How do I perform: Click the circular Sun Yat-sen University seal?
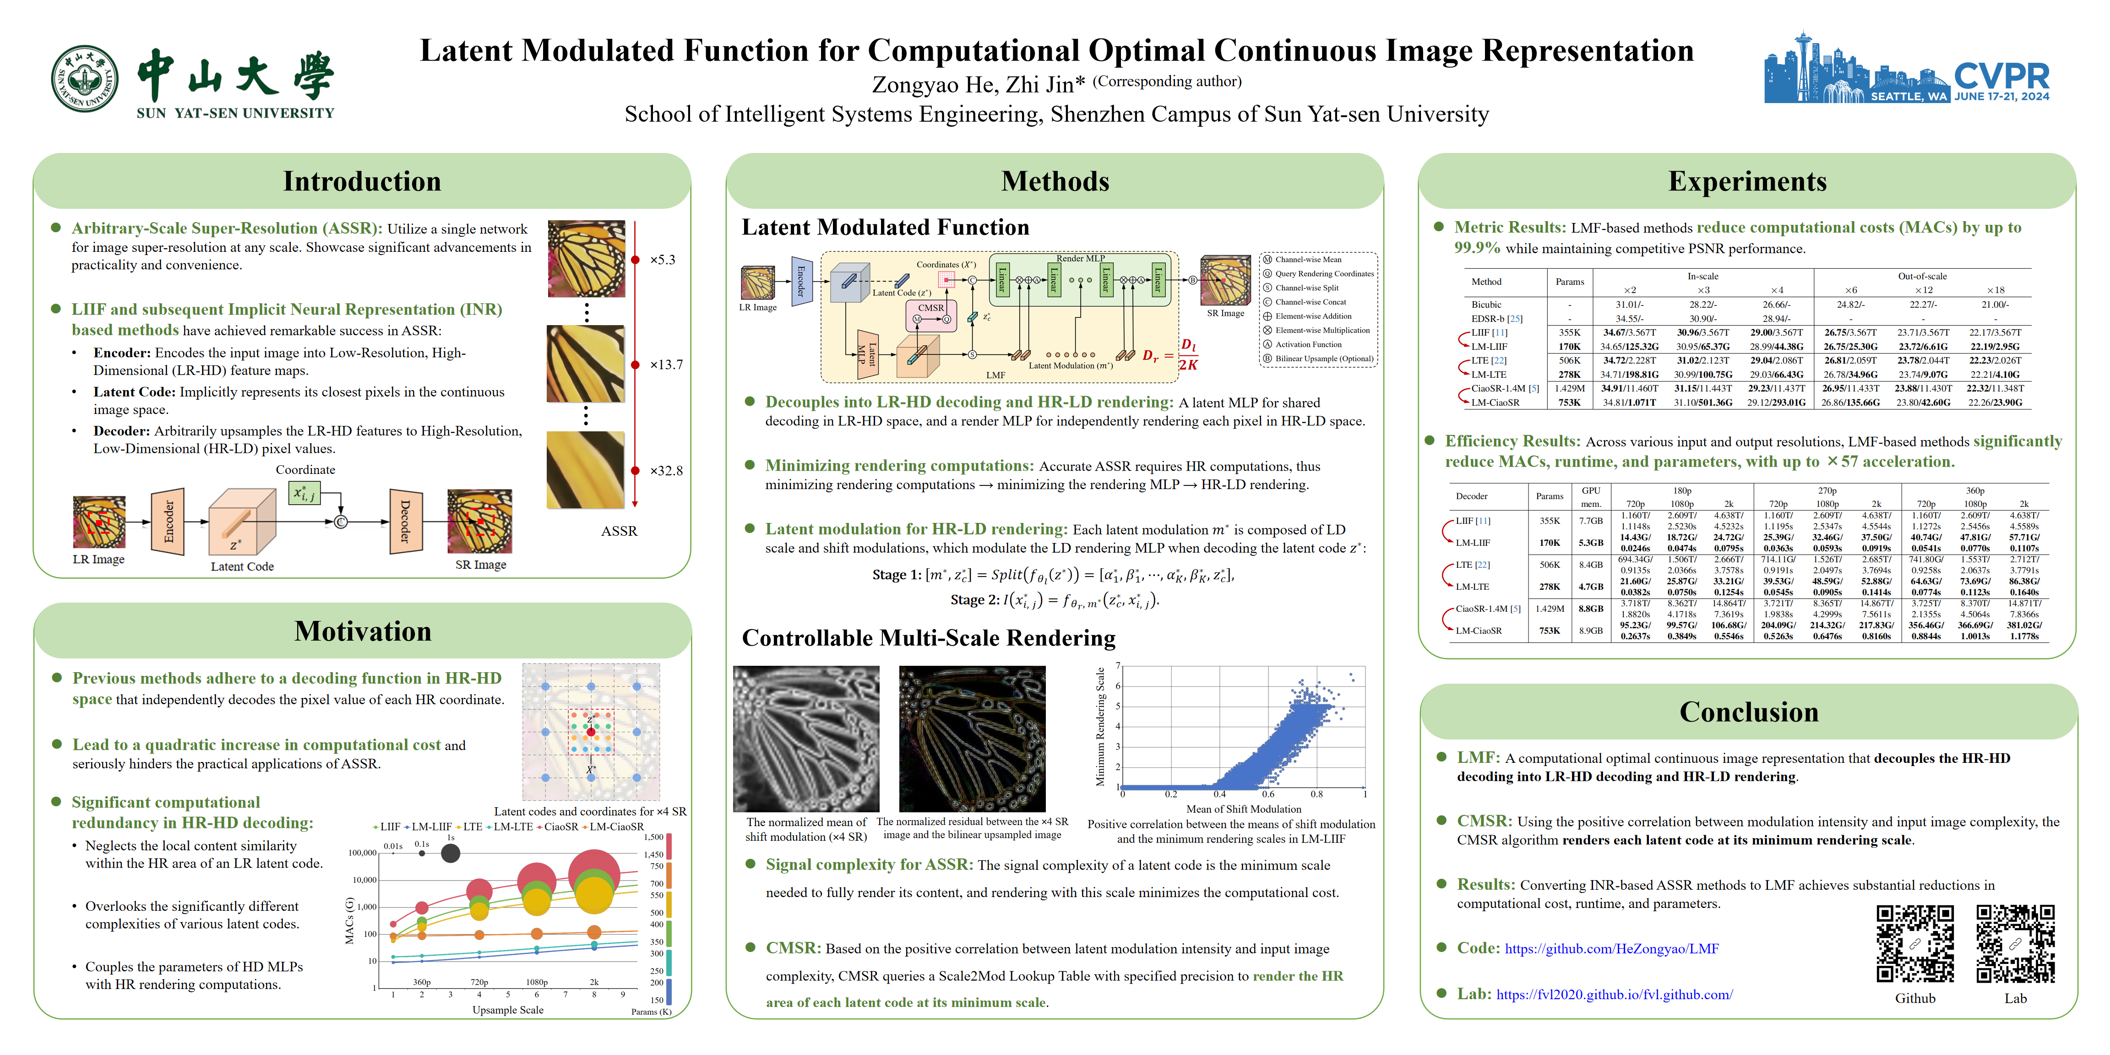84,79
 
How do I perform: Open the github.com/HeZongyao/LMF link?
1611,948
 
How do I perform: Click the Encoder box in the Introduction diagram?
168,521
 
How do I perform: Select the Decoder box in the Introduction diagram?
405,521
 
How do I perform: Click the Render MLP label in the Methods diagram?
1080,258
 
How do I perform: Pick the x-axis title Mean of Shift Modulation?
1243,809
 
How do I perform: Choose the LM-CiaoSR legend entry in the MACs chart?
616,827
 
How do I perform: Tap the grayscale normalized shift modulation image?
806,739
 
